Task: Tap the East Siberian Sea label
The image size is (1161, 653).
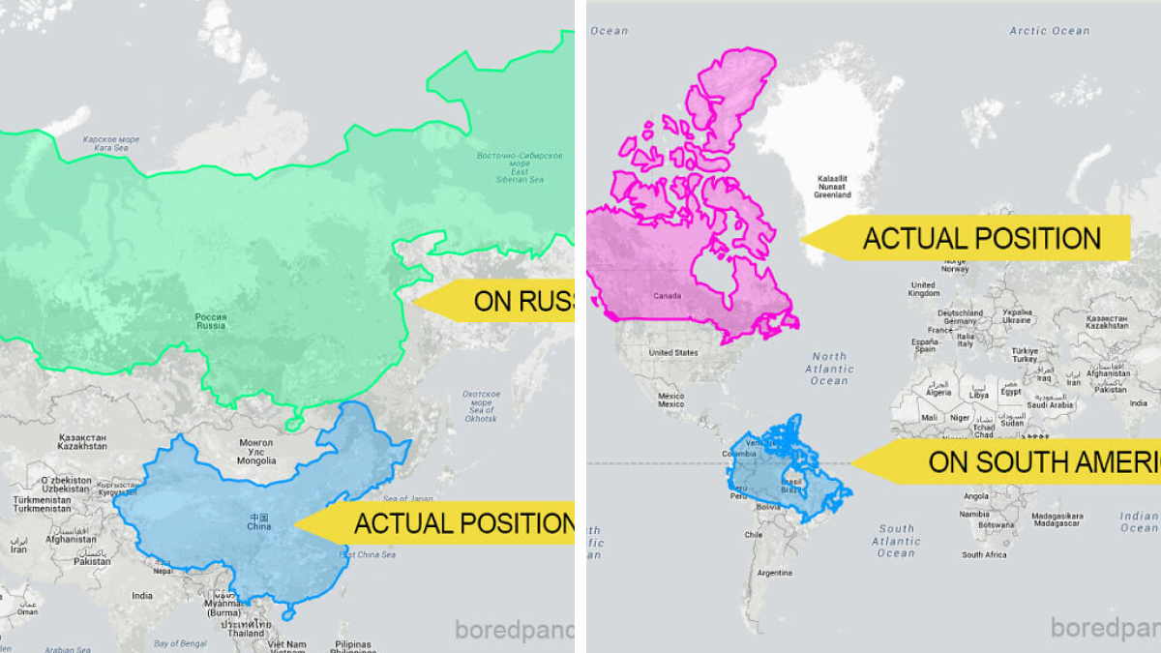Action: tap(520, 167)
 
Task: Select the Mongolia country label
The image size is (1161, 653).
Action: tap(256, 452)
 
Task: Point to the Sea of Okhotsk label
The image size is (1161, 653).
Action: tap(480, 406)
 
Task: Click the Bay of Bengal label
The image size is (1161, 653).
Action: tap(181, 643)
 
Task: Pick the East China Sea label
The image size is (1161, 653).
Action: tap(367, 554)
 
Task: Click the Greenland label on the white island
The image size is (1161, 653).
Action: tap(832, 187)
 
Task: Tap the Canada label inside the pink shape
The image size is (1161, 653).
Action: tap(668, 296)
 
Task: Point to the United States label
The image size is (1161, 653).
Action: tap(673, 353)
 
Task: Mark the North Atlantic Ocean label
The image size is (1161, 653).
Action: tap(829, 369)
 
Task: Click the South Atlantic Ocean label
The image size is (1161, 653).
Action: tap(896, 541)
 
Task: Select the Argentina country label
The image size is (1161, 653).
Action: tap(774, 573)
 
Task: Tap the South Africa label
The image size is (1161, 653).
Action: tap(984, 554)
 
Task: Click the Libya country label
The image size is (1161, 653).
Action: tap(979, 395)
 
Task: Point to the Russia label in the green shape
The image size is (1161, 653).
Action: tap(211, 321)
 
